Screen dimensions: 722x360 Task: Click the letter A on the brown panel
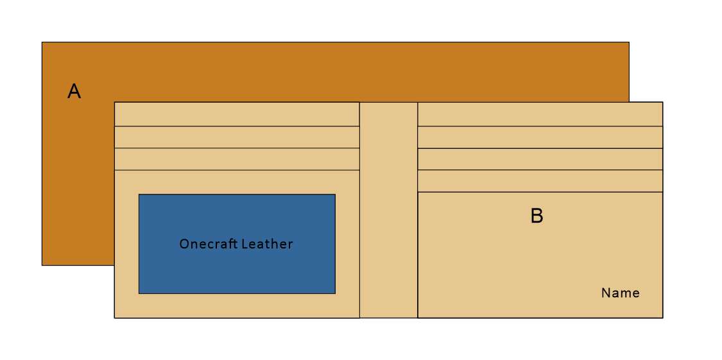coord(74,92)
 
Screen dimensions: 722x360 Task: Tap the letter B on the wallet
coord(537,216)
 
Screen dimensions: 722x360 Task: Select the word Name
coord(620,293)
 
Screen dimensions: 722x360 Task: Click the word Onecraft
coord(208,244)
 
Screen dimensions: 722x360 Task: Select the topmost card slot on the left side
coord(236,114)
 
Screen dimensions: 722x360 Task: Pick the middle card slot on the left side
coord(236,137)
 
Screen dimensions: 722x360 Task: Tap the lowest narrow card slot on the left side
coord(236,159)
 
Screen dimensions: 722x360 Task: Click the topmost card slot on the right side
coord(540,114)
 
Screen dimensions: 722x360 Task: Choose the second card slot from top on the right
coord(540,137)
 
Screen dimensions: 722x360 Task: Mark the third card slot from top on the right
coord(540,159)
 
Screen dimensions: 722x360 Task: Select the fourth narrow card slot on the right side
coord(540,181)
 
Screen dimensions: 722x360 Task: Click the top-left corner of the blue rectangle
coord(139,194)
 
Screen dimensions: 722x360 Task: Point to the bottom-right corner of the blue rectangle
coord(335,293)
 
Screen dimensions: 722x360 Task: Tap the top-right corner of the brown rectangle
coord(628,43)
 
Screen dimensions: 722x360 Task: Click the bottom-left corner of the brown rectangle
coord(42,264)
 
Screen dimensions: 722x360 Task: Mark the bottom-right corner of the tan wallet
coord(662,317)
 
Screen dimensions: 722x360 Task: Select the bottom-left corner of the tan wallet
coord(115,317)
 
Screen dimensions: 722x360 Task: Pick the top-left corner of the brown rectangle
coord(42,43)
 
